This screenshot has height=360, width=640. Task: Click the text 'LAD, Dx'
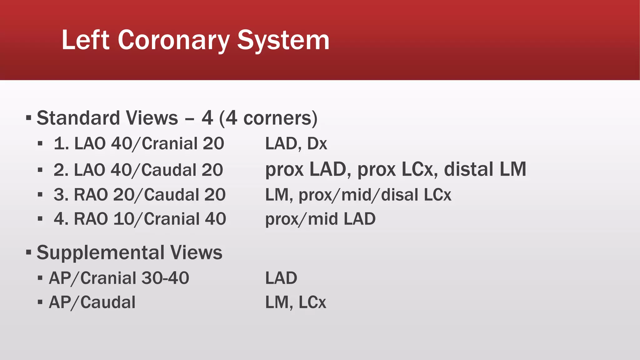pos(296,144)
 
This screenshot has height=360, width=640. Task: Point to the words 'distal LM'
pos(485,169)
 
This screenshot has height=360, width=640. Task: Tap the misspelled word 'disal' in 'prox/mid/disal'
pos(399,195)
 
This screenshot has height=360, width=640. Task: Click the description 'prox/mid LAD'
pos(320,219)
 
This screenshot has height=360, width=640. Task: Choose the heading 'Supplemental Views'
pos(129,252)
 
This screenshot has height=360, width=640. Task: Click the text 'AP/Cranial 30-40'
pos(119,278)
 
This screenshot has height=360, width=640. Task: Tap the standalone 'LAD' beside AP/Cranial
pos(281,278)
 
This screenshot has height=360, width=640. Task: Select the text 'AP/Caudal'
pos(92,302)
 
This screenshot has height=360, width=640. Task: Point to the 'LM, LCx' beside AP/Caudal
pos(295,302)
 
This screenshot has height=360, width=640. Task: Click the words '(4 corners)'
pos(268,118)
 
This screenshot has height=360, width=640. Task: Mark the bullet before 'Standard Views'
pos(29,118)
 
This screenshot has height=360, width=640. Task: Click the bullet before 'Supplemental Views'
pos(29,252)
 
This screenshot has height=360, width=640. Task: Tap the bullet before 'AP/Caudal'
pos(40,302)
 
